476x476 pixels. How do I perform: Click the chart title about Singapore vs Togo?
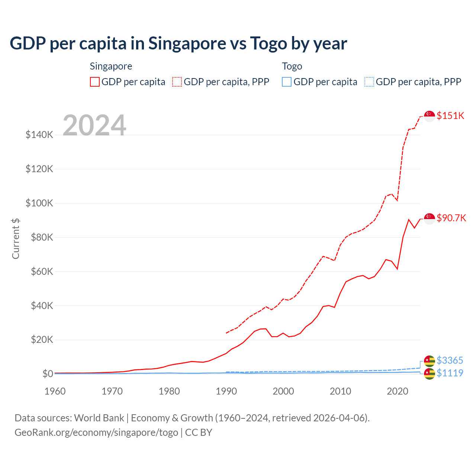click(178, 44)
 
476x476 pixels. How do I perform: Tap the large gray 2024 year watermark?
click(94, 125)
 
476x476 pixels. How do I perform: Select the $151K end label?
click(450, 116)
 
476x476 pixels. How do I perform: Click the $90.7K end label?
click(451, 218)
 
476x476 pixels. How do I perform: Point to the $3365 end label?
click(450, 360)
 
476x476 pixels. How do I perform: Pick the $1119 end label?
click(450, 373)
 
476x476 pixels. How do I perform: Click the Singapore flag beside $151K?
click(430, 116)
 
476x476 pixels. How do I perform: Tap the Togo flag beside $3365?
click(430, 361)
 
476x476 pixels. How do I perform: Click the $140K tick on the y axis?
click(39, 135)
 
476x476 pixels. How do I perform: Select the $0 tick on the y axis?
click(48, 374)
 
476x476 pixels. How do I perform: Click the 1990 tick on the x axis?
click(226, 391)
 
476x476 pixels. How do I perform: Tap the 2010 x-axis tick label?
click(340, 391)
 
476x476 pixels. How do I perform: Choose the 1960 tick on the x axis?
click(55, 391)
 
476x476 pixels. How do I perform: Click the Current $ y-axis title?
click(16, 238)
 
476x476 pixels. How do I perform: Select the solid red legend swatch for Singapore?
click(95, 82)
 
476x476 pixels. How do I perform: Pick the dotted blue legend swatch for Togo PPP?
click(369, 82)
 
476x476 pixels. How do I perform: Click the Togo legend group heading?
click(292, 66)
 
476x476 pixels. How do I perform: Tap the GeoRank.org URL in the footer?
click(96, 432)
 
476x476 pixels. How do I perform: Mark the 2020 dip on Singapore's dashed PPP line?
click(397, 200)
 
